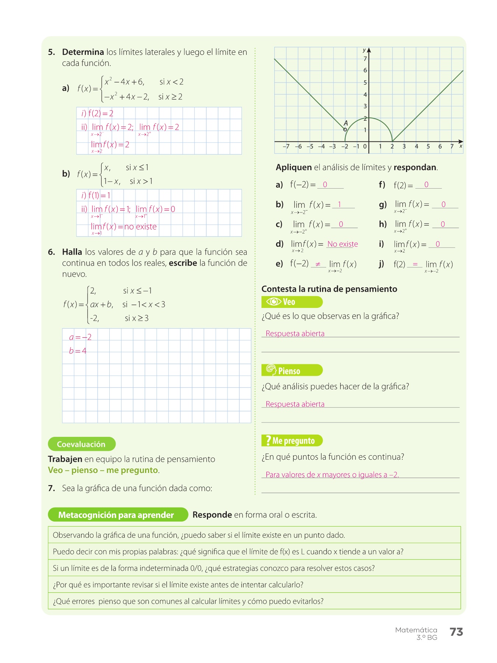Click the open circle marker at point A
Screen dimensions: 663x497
pyautogui.click(x=345, y=129)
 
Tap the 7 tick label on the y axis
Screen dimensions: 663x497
pyautogui.click(x=365, y=59)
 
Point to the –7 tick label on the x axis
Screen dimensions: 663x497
pyautogui.click(x=286, y=146)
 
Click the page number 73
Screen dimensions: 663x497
pyautogui.click(x=456, y=632)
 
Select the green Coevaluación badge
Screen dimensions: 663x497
pyautogui.click(x=81, y=444)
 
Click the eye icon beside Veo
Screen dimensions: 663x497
pyautogui.click(x=274, y=302)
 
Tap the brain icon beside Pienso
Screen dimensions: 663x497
pyautogui.click(x=271, y=370)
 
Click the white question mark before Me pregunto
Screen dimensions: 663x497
pyautogui.click(x=268, y=441)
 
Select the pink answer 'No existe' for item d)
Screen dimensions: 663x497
pyautogui.click(x=342, y=244)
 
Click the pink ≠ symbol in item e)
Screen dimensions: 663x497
pyautogui.click(x=318, y=264)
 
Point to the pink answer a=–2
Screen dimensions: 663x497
pyautogui.click(x=80, y=337)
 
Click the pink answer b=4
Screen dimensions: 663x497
pyautogui.click(x=78, y=351)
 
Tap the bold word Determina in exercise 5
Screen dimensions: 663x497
pyautogui.click(x=83, y=52)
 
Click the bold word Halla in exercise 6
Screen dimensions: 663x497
pyautogui.click(x=72, y=252)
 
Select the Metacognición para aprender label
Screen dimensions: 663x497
pyautogui.click(x=116, y=515)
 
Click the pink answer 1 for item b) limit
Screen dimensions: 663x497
pyautogui.click(x=339, y=204)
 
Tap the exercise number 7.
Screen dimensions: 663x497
pyautogui.click(x=52, y=488)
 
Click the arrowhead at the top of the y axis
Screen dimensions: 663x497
pyautogui.click(x=369, y=50)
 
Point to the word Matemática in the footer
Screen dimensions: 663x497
pyautogui.click(x=416, y=630)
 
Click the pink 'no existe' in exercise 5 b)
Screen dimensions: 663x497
pyautogui.click(x=140, y=227)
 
